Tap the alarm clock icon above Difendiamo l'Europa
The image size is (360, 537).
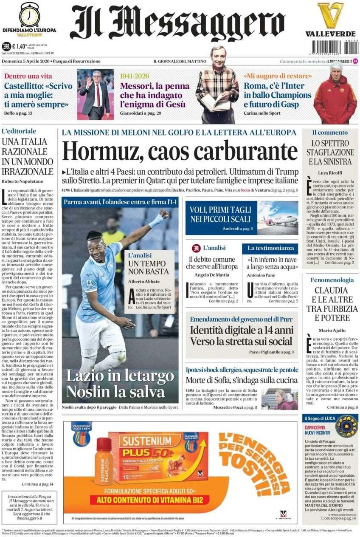coord(30,14)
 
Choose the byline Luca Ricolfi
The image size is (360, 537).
coord(330,172)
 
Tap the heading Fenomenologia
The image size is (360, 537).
coord(332,280)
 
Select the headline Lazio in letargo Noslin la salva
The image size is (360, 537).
coord(115,383)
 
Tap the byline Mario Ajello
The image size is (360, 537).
coord(332,330)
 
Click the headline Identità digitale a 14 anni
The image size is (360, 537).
coord(241,330)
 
